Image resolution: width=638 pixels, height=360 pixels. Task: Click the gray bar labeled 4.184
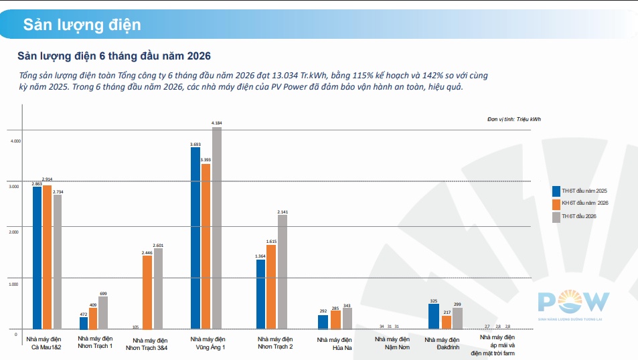point(217,228)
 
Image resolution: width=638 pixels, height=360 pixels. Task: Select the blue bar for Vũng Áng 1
point(195,238)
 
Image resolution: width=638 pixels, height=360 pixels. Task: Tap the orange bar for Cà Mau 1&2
point(48,257)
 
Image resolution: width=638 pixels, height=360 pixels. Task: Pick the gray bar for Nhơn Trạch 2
point(283,272)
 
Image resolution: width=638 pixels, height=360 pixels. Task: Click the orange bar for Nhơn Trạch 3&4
point(147,292)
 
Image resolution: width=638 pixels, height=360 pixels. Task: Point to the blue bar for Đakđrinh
point(434,317)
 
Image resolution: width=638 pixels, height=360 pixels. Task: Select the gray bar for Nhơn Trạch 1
point(103,312)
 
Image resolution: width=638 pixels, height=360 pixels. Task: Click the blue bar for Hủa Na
point(323,322)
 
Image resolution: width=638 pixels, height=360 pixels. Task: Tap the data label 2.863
point(37,184)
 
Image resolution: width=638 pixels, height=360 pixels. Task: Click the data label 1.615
point(271,242)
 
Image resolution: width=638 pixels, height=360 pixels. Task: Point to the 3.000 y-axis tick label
point(14,187)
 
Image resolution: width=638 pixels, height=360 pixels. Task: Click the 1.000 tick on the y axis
point(14,284)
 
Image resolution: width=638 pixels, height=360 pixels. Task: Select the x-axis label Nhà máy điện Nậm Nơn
point(392,343)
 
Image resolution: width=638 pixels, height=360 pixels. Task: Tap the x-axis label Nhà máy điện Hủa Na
point(335,344)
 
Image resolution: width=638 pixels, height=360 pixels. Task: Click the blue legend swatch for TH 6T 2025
point(556,191)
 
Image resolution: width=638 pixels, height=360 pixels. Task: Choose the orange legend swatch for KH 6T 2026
point(556,204)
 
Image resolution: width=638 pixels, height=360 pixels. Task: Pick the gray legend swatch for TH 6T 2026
point(556,217)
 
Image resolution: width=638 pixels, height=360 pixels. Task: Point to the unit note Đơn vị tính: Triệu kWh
point(514,119)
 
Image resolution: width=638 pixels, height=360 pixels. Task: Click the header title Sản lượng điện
point(82,25)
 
